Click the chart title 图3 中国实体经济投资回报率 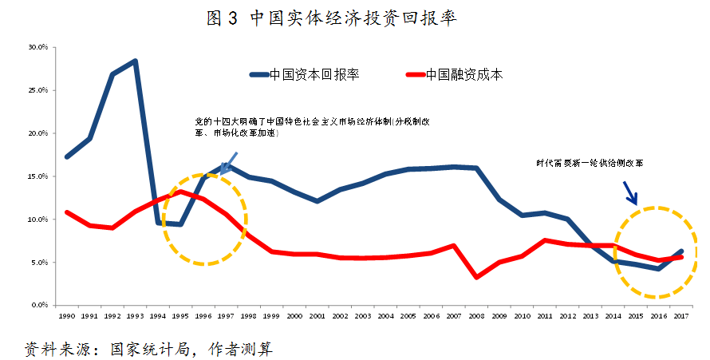[332, 18]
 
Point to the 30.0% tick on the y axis [38, 47]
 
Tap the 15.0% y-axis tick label [38, 176]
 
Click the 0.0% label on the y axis [40, 305]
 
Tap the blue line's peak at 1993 [135, 61]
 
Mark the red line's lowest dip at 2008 [476, 277]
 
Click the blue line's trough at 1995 [180, 224]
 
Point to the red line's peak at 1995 [180, 192]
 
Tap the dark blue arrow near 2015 [630, 192]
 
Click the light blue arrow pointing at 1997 [231, 163]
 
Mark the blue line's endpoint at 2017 [680, 251]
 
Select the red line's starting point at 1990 [66, 212]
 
